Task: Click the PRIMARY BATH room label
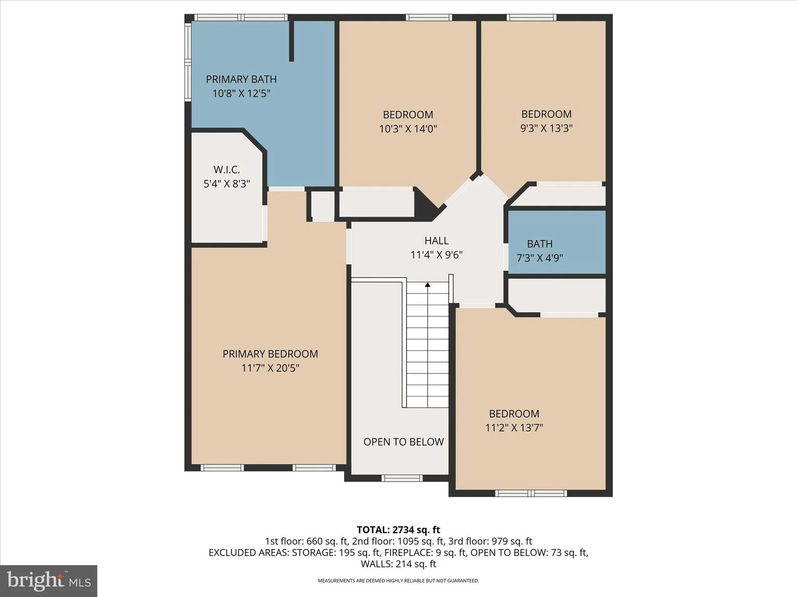click(x=241, y=79)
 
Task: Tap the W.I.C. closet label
click(x=226, y=170)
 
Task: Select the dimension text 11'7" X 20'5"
click(x=270, y=368)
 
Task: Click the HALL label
click(x=436, y=241)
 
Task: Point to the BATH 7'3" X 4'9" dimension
click(x=540, y=258)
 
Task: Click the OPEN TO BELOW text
click(x=404, y=442)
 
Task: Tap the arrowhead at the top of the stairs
click(x=428, y=285)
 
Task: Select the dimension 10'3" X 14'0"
click(x=408, y=129)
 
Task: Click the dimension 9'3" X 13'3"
click(x=546, y=128)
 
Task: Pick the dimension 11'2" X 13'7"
click(x=514, y=428)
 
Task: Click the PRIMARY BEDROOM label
click(x=270, y=354)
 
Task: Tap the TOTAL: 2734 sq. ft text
click(x=398, y=530)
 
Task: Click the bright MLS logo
click(x=49, y=581)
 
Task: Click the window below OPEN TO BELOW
click(x=402, y=478)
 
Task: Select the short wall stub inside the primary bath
click(x=291, y=41)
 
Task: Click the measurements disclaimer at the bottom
click(x=398, y=581)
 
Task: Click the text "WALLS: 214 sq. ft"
click(x=398, y=564)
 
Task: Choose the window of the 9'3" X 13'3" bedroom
click(x=532, y=17)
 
